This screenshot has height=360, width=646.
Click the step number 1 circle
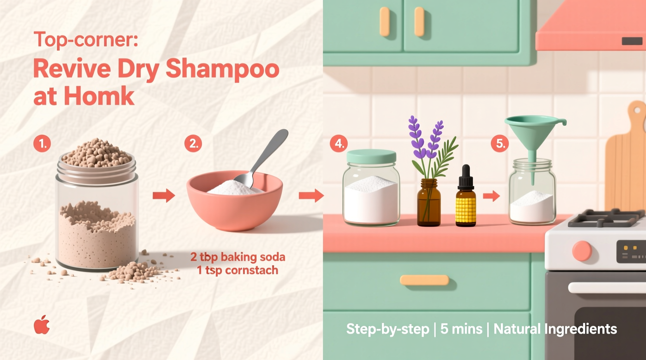pyautogui.click(x=42, y=144)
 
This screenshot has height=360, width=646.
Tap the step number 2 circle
pyautogui.click(x=193, y=144)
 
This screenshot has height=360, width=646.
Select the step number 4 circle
pyautogui.click(x=339, y=144)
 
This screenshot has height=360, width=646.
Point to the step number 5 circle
pyautogui.click(x=500, y=144)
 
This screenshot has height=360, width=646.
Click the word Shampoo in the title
pyautogui.click(x=222, y=69)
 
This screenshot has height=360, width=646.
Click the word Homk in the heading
pyautogui.click(x=99, y=96)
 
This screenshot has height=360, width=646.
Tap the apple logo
pyautogui.click(x=42, y=325)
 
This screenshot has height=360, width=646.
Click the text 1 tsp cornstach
pyautogui.click(x=238, y=270)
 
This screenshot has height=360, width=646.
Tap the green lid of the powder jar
pyautogui.click(x=371, y=156)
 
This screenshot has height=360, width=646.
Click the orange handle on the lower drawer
pyautogui.click(x=424, y=280)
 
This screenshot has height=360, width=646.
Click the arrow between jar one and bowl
pyautogui.click(x=163, y=196)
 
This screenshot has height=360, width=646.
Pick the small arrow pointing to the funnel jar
pyautogui.click(x=491, y=196)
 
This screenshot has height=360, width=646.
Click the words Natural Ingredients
pyautogui.click(x=555, y=329)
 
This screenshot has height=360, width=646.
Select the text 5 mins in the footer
pyautogui.click(x=461, y=329)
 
